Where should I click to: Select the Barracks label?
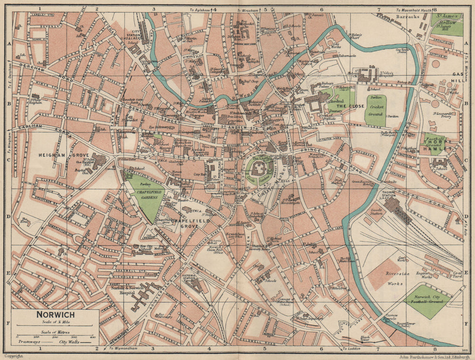tap(408, 16)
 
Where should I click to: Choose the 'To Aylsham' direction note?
tap(199, 9)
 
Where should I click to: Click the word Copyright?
tap(12, 355)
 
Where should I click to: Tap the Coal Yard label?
tap(457, 275)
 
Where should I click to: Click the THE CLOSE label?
tap(346, 106)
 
